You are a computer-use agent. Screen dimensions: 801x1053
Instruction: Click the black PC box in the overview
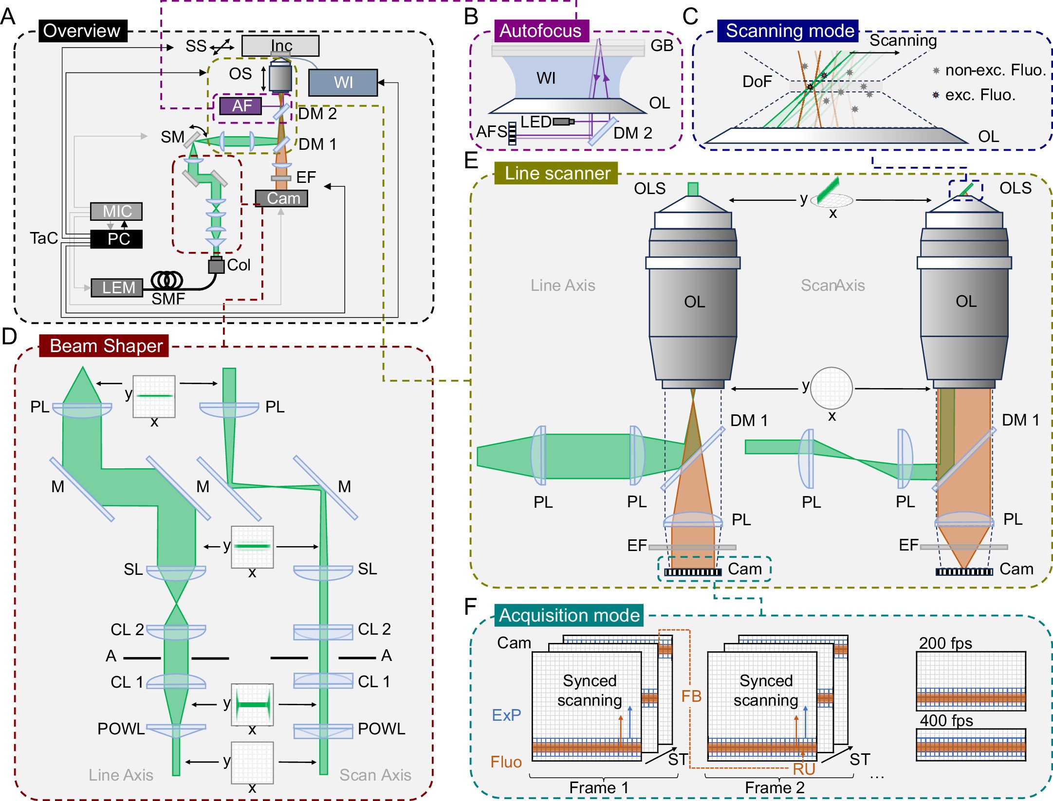(x=116, y=239)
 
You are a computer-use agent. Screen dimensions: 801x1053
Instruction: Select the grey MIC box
(x=116, y=211)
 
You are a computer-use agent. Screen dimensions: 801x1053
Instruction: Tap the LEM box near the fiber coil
(x=117, y=287)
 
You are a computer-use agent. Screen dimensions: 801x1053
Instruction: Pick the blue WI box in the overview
(x=343, y=82)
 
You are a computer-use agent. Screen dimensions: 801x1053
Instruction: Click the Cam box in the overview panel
(x=281, y=198)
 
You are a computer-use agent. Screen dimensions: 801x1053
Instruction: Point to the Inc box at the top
(x=280, y=45)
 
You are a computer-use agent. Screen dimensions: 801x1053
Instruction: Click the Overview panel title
(x=82, y=31)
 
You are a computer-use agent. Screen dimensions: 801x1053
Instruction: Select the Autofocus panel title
(x=541, y=31)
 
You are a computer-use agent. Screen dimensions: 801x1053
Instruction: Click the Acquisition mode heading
(x=569, y=615)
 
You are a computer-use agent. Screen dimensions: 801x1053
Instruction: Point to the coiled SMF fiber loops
(x=167, y=280)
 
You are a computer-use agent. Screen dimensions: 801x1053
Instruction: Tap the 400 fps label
(x=946, y=720)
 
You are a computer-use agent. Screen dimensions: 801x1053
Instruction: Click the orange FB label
(x=691, y=696)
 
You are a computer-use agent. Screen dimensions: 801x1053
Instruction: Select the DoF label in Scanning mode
(x=757, y=81)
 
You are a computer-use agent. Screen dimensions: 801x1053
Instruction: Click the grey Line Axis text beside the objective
(x=562, y=285)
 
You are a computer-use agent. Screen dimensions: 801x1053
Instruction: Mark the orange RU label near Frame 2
(x=803, y=769)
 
